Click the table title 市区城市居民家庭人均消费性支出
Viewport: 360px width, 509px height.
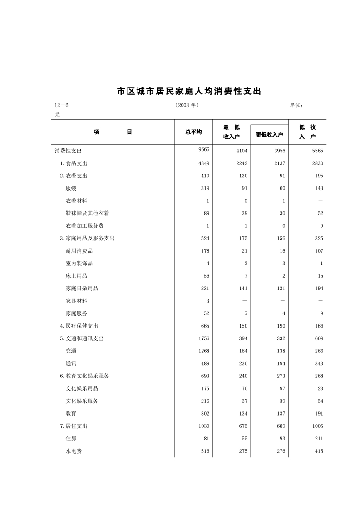[189, 91]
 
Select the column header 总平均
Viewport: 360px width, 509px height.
[193, 132]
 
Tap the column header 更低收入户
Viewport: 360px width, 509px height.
[269, 135]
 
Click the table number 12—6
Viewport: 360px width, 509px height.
[61, 105]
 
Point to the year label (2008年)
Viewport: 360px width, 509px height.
[187, 105]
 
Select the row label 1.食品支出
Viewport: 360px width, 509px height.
[74, 163]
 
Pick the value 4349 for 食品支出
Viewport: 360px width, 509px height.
[203, 163]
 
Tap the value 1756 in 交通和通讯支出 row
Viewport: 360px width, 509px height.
[203, 338]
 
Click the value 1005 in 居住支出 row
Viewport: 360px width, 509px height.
[317, 426]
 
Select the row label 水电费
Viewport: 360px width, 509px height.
[74, 451]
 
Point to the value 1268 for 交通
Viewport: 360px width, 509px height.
[203, 351]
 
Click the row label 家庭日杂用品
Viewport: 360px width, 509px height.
[82, 288]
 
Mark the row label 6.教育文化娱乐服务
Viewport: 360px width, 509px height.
[84, 376]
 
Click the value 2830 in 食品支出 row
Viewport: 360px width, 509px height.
[317, 163]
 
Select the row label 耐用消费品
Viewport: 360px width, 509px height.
[79, 251]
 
